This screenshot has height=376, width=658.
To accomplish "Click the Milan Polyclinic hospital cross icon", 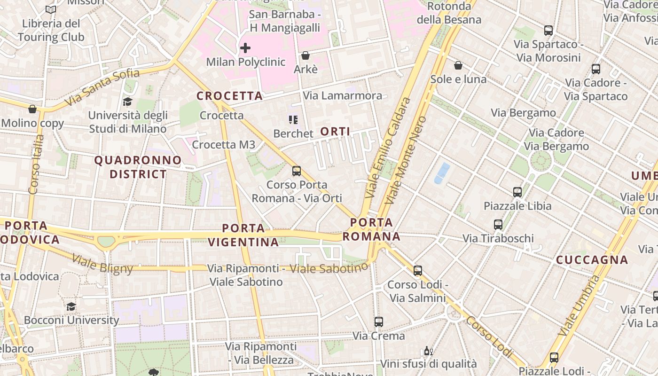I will pyautogui.click(x=245, y=48).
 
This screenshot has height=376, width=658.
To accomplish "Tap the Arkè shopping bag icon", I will pyautogui.click(x=305, y=55).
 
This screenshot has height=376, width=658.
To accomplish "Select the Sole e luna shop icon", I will pyautogui.click(x=458, y=65).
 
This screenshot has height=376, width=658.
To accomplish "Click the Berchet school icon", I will pyautogui.click(x=293, y=120).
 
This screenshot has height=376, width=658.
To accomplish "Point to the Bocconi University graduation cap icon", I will pyautogui.click(x=71, y=307).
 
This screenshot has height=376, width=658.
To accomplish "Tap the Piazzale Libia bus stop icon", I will pyautogui.click(x=517, y=192).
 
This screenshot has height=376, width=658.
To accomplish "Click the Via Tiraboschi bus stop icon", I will pyautogui.click(x=498, y=225).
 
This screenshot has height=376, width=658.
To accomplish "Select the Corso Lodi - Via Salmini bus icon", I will pyautogui.click(x=417, y=271).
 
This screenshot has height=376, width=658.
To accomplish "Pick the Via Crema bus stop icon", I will pyautogui.click(x=379, y=322).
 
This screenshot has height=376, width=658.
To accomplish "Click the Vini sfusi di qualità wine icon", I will pyautogui.click(x=428, y=351).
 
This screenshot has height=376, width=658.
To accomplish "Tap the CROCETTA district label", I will pyautogui.click(x=229, y=96).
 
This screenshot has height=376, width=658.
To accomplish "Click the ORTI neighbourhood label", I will pyautogui.click(x=335, y=132).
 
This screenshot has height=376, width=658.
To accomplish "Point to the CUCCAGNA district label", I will pyautogui.click(x=592, y=260).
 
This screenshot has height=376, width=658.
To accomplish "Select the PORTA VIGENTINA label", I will pyautogui.click(x=243, y=235).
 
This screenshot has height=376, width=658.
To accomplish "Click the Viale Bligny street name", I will pyautogui.click(x=102, y=263).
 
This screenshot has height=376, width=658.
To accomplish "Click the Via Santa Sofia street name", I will pyautogui.click(x=102, y=87).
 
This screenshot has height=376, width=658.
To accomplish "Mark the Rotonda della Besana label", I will pyautogui.click(x=449, y=13).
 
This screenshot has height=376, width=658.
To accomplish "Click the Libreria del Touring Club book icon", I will pyautogui.click(x=51, y=9).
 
